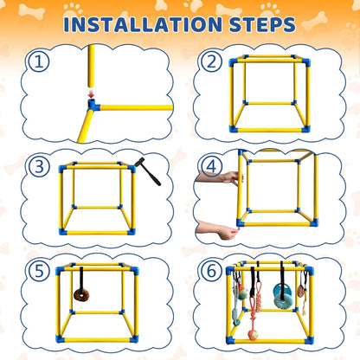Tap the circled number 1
(x=35, y=61)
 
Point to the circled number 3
(x=35, y=168)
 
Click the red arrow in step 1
(x=90, y=96)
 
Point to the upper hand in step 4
(x=216, y=177)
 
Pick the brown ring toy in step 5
(x=81, y=295)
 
